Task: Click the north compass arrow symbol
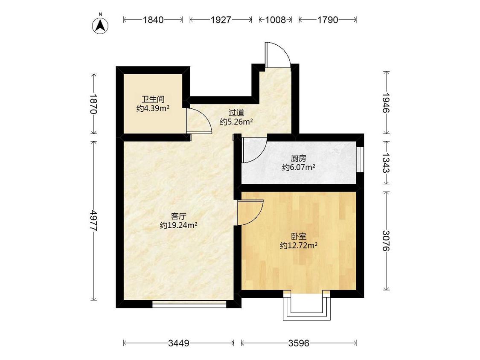click(x=100, y=26)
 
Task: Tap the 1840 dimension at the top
click(x=153, y=20)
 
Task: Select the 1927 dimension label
click(x=221, y=20)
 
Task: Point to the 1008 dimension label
click(x=275, y=20)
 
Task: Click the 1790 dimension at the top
click(x=328, y=20)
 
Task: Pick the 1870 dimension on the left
click(x=93, y=104)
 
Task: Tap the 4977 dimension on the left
click(x=93, y=221)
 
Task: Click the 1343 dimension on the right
click(x=386, y=163)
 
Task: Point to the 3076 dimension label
click(x=386, y=241)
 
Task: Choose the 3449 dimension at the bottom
click(x=178, y=343)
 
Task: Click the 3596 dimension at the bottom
click(x=299, y=343)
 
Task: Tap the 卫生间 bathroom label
click(x=153, y=99)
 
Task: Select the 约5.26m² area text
click(x=236, y=122)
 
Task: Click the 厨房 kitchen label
click(x=299, y=158)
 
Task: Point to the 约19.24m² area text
click(x=178, y=225)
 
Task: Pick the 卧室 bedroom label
click(x=299, y=236)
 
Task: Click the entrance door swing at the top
click(x=277, y=55)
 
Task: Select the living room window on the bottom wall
click(x=189, y=303)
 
